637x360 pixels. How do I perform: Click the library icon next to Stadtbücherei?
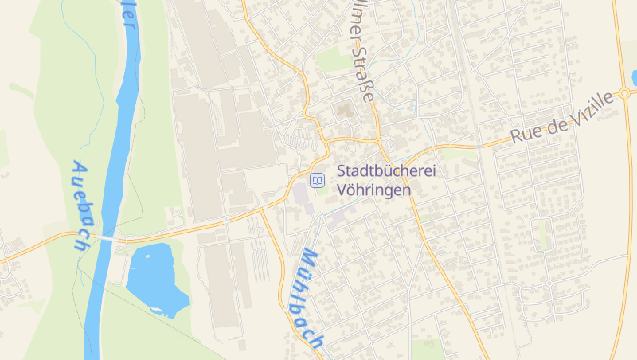click(318, 181)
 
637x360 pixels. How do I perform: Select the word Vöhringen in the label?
click(374, 190)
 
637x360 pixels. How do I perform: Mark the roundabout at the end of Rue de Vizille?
click(625, 92)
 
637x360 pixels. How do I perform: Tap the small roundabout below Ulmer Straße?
click(377, 140)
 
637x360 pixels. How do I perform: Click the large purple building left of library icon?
click(300, 194)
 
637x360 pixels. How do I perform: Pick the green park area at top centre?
click(330, 58)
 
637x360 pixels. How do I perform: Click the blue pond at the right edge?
click(634, 77)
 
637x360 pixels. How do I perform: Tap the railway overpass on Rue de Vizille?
click(480, 146)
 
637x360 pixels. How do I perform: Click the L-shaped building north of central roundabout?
click(344, 111)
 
